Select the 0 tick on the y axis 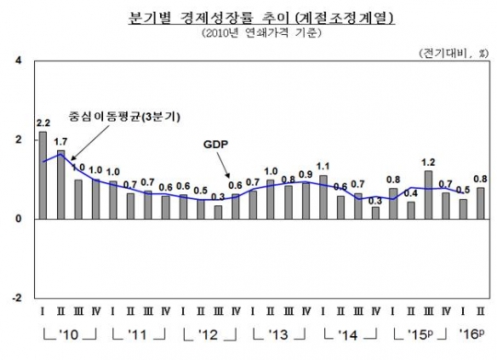tap(19, 219)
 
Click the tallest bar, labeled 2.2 tap(42, 175)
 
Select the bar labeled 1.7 tap(61, 185)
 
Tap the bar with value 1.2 tap(428, 194)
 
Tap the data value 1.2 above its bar tap(428, 162)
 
